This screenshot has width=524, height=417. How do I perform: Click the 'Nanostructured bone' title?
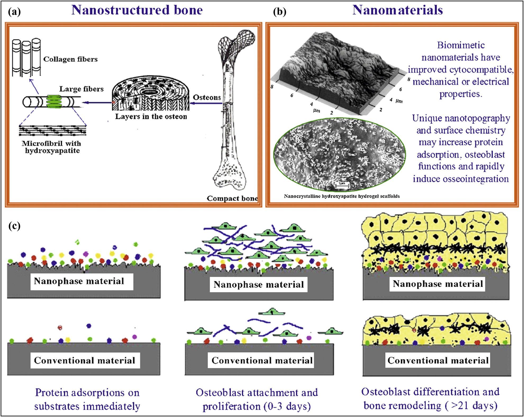click(x=137, y=10)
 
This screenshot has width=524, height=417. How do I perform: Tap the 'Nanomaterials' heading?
click(x=397, y=10)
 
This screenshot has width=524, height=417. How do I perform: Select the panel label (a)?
click(x=14, y=12)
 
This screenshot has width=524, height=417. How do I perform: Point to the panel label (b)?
click(x=279, y=12)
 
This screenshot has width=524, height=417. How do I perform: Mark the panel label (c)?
click(x=14, y=226)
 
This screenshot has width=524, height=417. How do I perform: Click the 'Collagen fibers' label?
click(x=70, y=59)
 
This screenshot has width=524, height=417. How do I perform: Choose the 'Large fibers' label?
click(x=81, y=89)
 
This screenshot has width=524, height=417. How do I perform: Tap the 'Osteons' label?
click(x=207, y=98)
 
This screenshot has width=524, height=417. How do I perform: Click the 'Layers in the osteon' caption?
click(x=151, y=117)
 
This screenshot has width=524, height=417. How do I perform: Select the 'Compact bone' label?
click(x=232, y=198)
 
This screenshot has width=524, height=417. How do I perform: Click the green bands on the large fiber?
click(x=54, y=102)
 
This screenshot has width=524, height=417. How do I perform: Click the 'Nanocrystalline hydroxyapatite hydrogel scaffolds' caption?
click(x=341, y=196)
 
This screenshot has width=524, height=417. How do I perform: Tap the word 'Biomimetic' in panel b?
click(x=461, y=45)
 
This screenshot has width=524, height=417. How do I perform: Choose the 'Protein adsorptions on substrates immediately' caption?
click(x=87, y=399)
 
